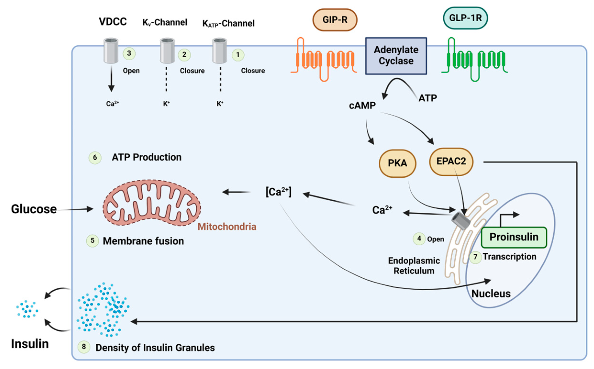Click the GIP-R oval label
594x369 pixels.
tap(335, 20)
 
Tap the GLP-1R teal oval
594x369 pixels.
tap(465, 18)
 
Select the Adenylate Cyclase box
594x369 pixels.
tap(396, 56)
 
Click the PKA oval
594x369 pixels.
tap(397, 163)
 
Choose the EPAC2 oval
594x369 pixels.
tap(451, 161)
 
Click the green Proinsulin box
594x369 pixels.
tap(514, 237)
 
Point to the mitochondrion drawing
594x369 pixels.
tap(152, 203)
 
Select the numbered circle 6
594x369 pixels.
tap(95, 157)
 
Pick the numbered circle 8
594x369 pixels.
tap(84, 347)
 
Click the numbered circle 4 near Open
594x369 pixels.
tap(419, 239)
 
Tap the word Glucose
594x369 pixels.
tap(34, 209)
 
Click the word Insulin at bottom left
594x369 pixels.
tap(30, 344)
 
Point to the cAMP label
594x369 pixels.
tap(362, 105)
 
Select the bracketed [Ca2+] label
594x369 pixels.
tap(278, 192)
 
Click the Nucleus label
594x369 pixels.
tap(491, 294)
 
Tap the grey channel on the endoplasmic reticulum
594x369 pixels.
tap(461, 220)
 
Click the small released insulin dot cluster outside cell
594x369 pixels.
tap(27, 309)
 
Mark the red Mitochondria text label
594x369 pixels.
tap(227, 227)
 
